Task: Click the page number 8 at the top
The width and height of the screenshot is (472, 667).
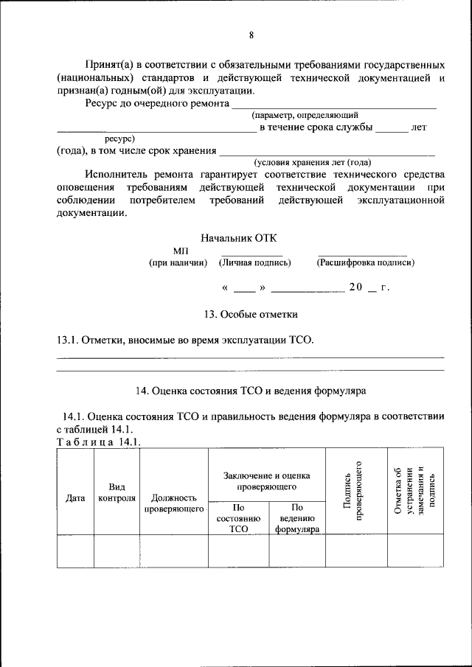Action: click(x=251, y=35)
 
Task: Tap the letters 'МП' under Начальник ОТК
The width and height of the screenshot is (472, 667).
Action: click(x=181, y=251)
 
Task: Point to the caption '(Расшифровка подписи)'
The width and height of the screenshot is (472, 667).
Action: click(x=365, y=262)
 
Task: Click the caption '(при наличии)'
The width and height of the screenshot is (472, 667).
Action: click(x=178, y=262)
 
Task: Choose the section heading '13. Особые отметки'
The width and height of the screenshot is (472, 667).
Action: click(x=251, y=315)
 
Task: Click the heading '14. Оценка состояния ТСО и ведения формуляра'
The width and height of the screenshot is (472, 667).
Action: click(x=251, y=390)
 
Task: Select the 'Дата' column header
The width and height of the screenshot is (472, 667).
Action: click(x=75, y=497)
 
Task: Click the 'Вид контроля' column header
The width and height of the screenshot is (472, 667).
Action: click(x=117, y=492)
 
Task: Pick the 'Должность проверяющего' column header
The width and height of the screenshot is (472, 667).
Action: click(x=174, y=503)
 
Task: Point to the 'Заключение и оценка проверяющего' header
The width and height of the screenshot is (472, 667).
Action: click(x=267, y=481)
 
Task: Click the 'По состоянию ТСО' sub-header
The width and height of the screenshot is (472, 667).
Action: click(x=238, y=518)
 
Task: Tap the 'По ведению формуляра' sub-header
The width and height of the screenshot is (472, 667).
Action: click(x=297, y=518)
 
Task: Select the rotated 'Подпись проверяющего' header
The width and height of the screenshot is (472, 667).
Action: click(x=356, y=491)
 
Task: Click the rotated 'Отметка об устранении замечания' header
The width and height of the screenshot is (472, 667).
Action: click(x=416, y=491)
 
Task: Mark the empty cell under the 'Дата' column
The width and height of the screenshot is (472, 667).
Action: click(x=75, y=551)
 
